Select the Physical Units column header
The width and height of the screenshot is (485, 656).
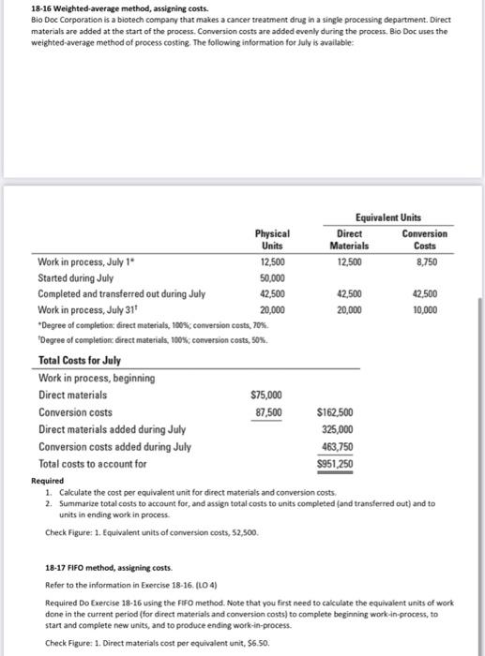[x=272, y=240]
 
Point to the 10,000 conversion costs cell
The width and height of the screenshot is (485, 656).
[x=433, y=308]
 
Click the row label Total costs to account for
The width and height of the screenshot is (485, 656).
[x=92, y=464]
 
